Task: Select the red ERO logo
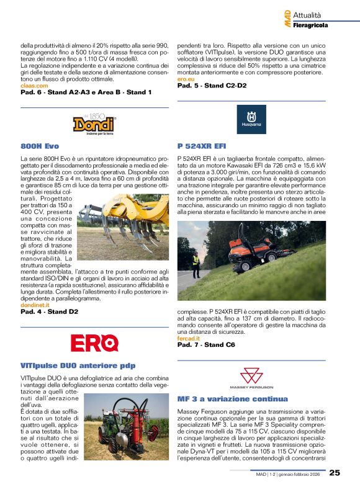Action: [x=94, y=342]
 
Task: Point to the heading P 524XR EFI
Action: [x=202, y=146]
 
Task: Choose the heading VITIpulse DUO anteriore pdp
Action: [x=78, y=365]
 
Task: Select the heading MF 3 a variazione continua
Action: [x=232, y=399]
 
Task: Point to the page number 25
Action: [x=335, y=473]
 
